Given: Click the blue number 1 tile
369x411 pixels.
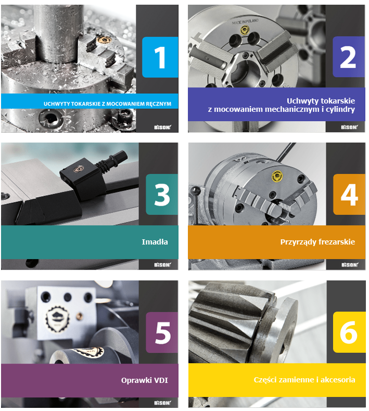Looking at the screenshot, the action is pyautogui.click(x=160, y=57).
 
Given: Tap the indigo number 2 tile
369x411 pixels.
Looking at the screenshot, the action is pyautogui.click(x=349, y=57).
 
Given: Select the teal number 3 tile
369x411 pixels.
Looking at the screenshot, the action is pyautogui.click(x=162, y=195).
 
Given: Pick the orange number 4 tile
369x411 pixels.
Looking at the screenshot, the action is pyautogui.click(x=349, y=195).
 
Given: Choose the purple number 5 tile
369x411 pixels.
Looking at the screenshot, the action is pyautogui.click(x=162, y=332).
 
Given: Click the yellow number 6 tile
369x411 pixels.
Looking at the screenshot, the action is pyautogui.click(x=349, y=332).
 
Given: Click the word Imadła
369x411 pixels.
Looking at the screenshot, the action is pyautogui.click(x=155, y=242).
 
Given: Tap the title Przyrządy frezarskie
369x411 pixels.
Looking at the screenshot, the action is pyautogui.click(x=317, y=242).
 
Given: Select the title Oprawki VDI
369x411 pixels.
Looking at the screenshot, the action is pyautogui.click(x=145, y=380).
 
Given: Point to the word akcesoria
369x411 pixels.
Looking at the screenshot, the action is pyautogui.click(x=338, y=380).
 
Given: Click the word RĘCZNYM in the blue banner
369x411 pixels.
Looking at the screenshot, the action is pyautogui.click(x=158, y=104).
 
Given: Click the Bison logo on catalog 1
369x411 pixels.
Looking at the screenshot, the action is pyautogui.click(x=162, y=127).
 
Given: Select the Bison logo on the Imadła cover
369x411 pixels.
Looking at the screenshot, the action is pyautogui.click(x=162, y=265).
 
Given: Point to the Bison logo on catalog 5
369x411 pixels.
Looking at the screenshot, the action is pyautogui.click(x=162, y=403).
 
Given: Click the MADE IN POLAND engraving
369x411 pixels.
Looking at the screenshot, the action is pyautogui.click(x=245, y=21).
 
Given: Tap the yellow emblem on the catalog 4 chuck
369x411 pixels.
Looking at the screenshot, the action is pyautogui.click(x=277, y=176).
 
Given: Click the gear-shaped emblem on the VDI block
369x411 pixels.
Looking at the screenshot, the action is pyautogui.click(x=57, y=318).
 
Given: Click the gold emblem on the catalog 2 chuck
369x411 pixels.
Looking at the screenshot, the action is pyautogui.click(x=245, y=30).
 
